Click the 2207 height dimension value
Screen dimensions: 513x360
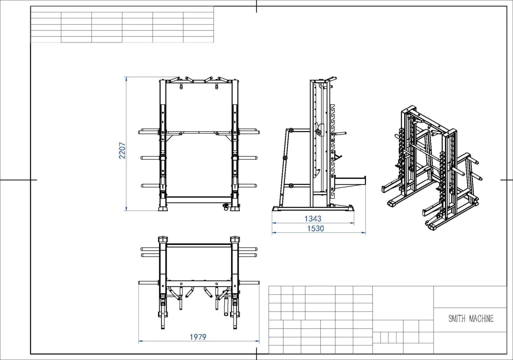click(x=122, y=150)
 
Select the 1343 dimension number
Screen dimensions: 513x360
click(x=313, y=218)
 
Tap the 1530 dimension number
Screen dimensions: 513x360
click(x=315, y=228)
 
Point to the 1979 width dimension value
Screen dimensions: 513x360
click(x=198, y=337)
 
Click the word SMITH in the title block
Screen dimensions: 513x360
click(x=457, y=319)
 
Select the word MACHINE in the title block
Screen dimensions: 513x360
click(x=481, y=319)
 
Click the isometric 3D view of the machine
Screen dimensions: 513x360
click(x=432, y=168)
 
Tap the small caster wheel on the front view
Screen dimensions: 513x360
click(x=226, y=207)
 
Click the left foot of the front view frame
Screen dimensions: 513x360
click(x=163, y=209)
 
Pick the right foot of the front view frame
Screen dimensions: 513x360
click(x=235, y=209)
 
